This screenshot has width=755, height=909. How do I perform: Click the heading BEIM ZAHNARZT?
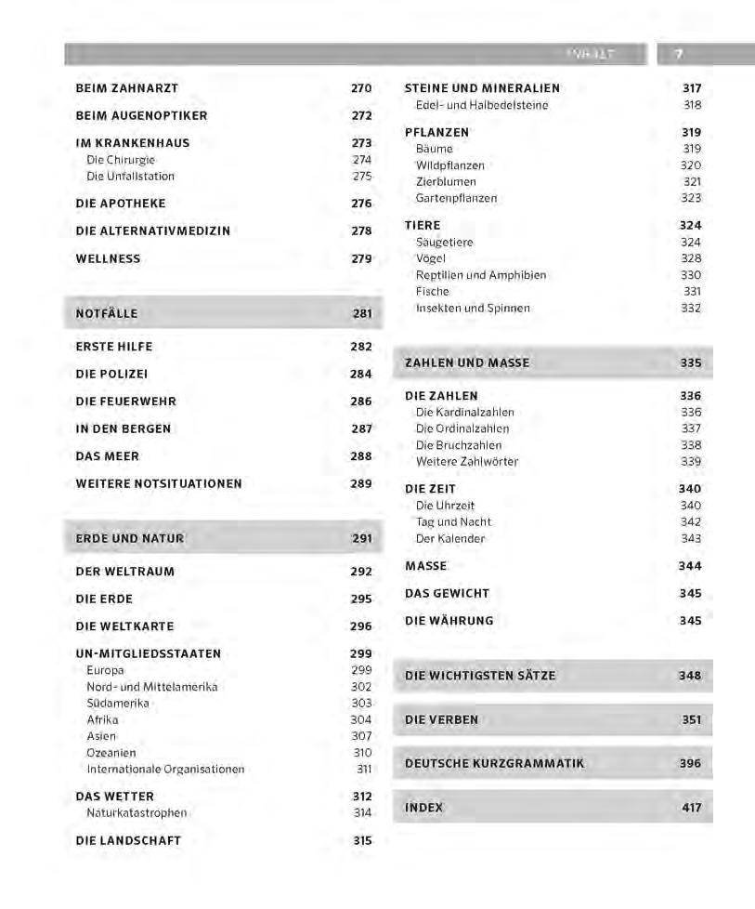tap(126, 88)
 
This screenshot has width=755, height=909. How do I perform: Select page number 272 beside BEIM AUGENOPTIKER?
tap(361, 116)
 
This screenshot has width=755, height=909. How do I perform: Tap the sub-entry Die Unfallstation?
tap(130, 177)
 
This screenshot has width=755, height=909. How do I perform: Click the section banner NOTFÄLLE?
tap(107, 314)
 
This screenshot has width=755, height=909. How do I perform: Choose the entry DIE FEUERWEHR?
tap(125, 402)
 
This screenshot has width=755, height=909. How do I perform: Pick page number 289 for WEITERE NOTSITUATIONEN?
tap(361, 484)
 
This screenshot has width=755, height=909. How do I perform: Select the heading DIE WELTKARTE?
tap(124, 626)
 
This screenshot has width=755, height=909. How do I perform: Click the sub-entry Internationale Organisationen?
tap(165, 770)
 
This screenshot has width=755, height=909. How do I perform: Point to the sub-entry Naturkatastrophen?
tap(137, 813)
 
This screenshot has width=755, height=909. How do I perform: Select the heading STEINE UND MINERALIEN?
tap(482, 88)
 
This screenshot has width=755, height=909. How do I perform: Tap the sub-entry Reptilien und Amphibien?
tap(480, 275)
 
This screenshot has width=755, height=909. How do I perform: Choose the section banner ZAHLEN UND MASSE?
tap(467, 363)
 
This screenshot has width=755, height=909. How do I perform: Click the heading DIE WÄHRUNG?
tap(449, 621)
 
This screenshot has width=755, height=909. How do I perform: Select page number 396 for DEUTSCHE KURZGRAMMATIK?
tap(690, 764)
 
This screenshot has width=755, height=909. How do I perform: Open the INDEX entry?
tap(423, 808)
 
